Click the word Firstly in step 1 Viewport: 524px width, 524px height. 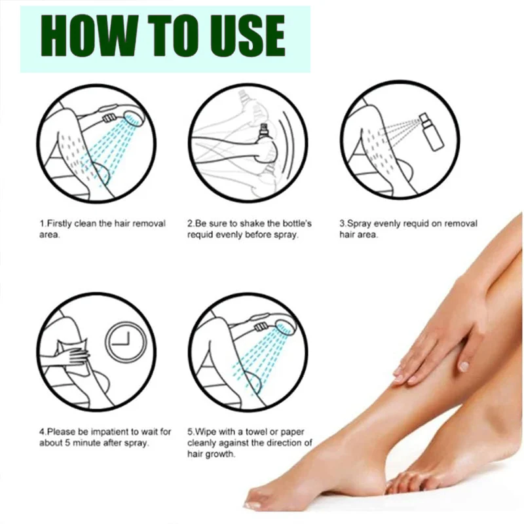click(61, 223)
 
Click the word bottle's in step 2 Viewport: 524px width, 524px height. click(297, 223)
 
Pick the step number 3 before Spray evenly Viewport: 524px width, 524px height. click(341, 223)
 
